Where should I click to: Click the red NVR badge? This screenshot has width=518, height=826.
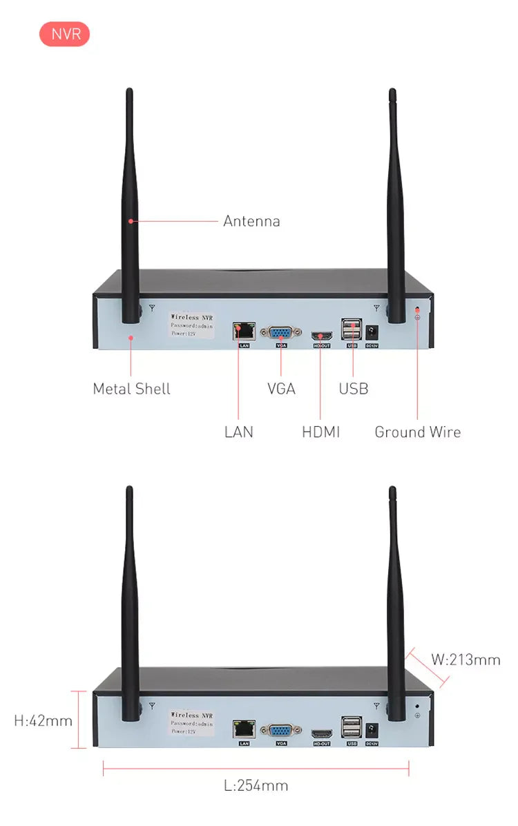[65, 34]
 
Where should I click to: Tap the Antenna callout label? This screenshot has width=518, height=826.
[251, 221]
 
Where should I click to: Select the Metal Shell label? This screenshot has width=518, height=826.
[131, 389]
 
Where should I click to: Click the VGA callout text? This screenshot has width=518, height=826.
[281, 389]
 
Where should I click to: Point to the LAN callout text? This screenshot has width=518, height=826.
[239, 432]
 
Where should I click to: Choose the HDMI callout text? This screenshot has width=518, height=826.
[321, 432]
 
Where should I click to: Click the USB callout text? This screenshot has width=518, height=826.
[354, 389]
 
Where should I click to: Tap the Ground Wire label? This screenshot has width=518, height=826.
[417, 432]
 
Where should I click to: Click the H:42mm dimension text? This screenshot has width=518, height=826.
[44, 721]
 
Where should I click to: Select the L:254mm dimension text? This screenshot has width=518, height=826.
[256, 786]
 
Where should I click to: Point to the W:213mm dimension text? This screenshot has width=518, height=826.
[466, 660]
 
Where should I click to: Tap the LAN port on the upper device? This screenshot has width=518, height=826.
[244, 331]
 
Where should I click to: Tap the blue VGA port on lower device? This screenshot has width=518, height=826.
[281, 731]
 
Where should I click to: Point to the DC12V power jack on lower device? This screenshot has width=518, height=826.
[371, 729]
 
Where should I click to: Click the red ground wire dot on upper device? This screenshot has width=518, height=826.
[416, 308]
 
